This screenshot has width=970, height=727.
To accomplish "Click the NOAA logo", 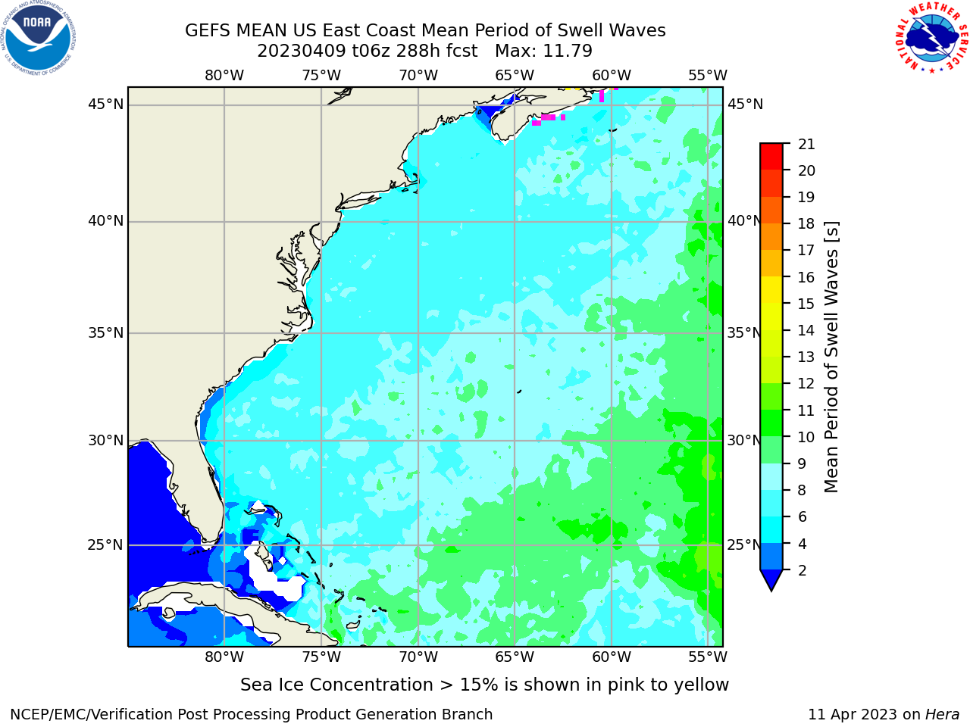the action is coord(39,39).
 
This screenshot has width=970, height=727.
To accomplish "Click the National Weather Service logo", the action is coord(931,38).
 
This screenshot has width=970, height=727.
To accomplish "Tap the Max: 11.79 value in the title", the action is coord(543,51).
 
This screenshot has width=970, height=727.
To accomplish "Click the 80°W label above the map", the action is coord(224,76).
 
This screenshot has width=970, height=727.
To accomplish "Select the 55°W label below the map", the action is coord(707,657).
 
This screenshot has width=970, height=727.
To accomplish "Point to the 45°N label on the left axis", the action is coord(105,105).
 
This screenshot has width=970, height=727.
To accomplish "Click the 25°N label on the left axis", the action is coord(105,545).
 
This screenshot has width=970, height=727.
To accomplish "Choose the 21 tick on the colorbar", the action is coord(806,145).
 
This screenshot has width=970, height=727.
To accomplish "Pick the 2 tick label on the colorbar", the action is coord(802,570).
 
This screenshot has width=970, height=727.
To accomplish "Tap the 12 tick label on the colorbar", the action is coord(806,384).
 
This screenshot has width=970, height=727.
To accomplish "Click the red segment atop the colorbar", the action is coord(771,156).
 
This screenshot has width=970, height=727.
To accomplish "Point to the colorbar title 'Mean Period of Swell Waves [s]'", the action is coord(831,357).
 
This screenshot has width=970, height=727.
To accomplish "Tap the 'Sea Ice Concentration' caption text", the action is coord(336,685).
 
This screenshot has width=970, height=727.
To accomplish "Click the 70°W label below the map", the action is coord(418,657).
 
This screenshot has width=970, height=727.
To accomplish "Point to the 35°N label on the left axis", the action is coord(105,332).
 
